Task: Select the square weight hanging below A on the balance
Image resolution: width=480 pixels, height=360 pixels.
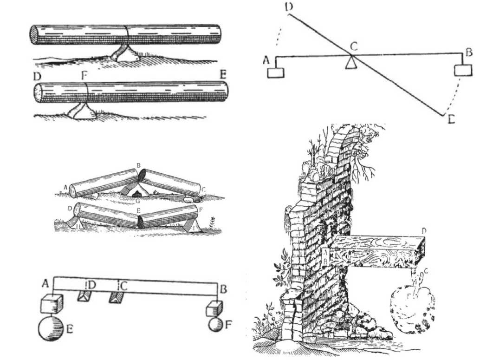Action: [276, 73]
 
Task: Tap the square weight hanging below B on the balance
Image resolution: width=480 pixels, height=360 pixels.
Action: [462, 70]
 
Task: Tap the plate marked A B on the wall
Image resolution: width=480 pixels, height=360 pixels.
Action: [326, 255]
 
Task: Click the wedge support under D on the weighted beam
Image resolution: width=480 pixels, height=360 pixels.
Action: [84, 296]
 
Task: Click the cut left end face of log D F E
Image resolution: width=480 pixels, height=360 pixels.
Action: [38, 93]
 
